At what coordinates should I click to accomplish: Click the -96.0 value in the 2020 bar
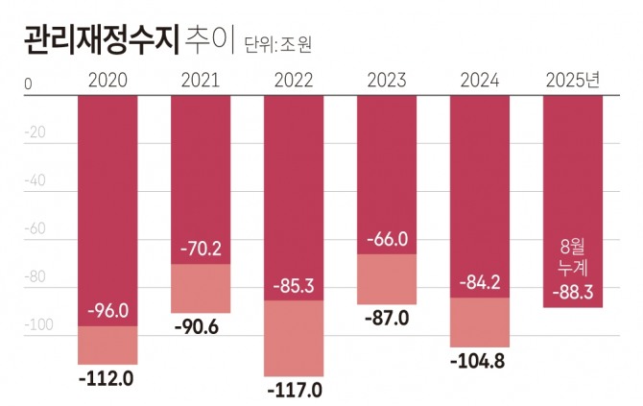point(107,312)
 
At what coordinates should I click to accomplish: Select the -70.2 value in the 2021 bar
point(201,250)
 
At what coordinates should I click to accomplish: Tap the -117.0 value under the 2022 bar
point(294,391)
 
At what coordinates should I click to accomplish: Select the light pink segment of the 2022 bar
point(294,338)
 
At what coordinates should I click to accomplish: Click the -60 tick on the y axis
point(36,228)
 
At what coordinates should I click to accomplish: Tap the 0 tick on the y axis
point(29,85)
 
